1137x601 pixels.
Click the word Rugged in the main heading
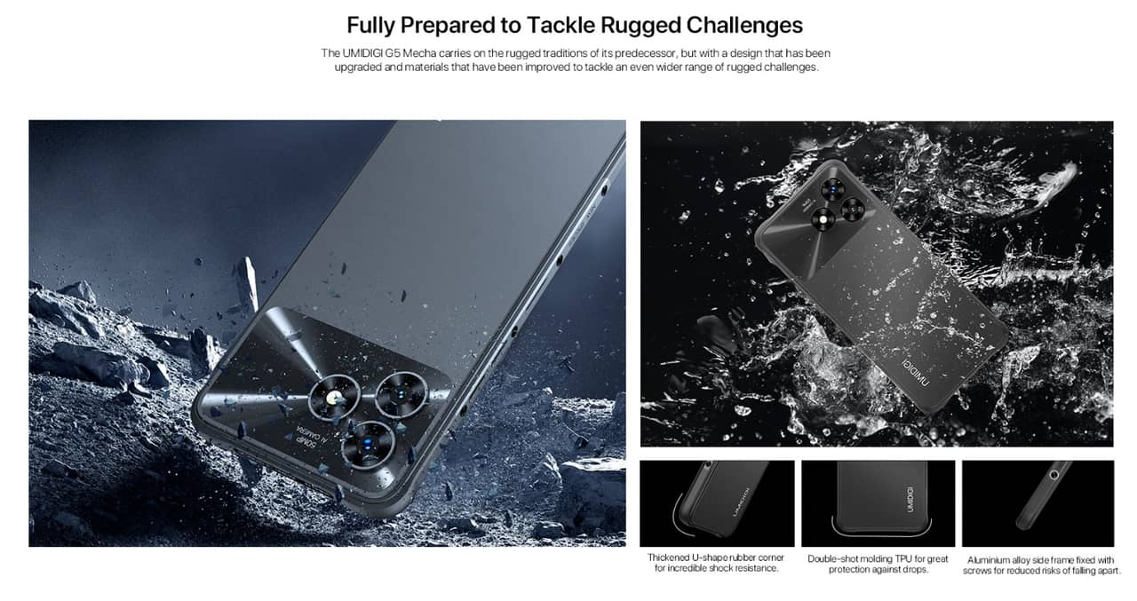pyautogui.click(x=639, y=26)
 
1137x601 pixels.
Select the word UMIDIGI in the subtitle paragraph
pyautogui.click(x=366, y=53)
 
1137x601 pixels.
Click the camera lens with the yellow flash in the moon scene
pyautogui.click(x=335, y=397)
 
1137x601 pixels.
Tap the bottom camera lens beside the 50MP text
pyautogui.click(x=368, y=445)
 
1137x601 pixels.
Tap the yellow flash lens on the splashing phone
pyautogui.click(x=823, y=219)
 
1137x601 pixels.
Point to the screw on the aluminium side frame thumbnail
pyautogui.click(x=1054, y=475)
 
